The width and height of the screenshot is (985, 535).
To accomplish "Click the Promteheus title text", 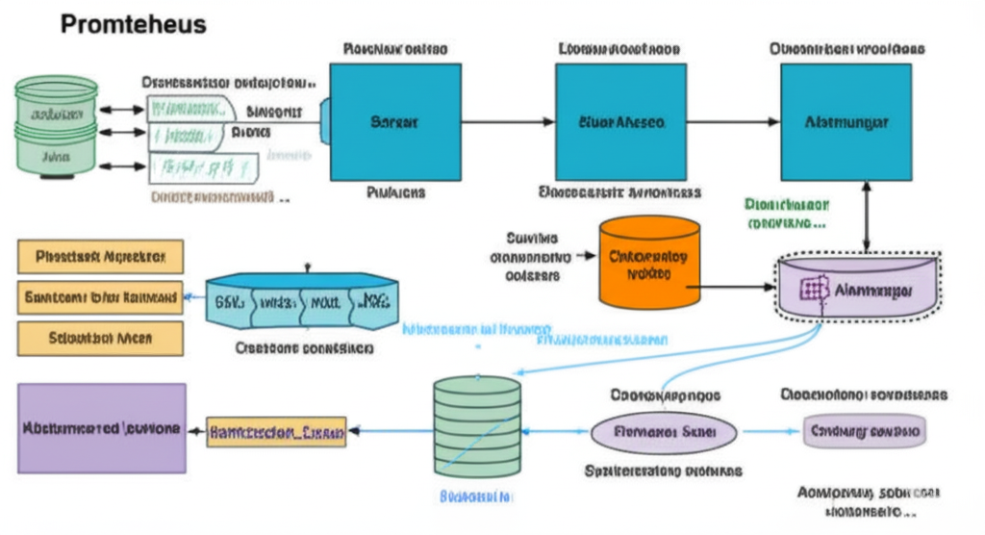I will point(133,24).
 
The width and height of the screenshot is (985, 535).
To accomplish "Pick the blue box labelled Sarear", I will point(394,122).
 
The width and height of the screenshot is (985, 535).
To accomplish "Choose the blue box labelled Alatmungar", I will point(846,122).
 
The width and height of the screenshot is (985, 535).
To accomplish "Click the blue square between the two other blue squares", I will point(620,122).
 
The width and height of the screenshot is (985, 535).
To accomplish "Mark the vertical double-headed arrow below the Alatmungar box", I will point(867,217).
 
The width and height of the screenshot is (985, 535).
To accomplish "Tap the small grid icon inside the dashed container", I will point(816,289).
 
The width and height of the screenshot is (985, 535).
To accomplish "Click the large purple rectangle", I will point(102,428).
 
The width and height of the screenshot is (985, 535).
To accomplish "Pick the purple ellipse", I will point(663,431).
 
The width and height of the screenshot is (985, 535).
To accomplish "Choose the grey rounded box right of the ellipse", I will point(864,431).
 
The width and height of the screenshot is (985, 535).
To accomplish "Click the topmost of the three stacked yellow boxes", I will point(101,257).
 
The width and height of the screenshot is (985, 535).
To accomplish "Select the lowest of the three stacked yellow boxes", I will point(101,338).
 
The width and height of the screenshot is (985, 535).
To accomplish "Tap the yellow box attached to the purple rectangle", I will point(276,432).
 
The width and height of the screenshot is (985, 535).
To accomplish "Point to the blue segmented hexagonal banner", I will point(301,302).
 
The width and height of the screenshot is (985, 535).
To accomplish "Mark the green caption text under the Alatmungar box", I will point(786,214).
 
